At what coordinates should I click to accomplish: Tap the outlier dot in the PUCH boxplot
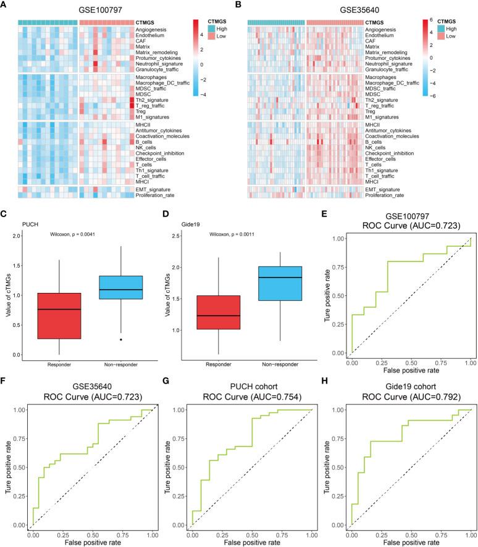coord(103,339)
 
